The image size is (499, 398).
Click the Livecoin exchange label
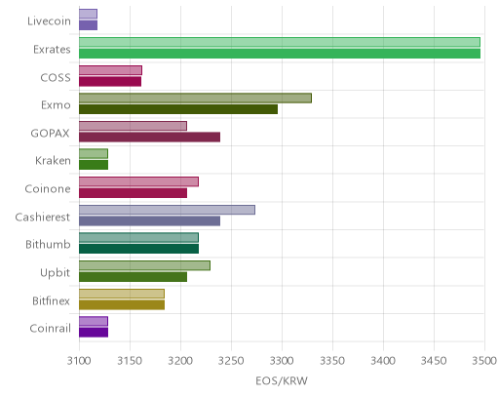(49, 21)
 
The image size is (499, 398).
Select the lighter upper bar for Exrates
(280, 42)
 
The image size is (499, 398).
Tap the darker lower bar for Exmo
(178, 109)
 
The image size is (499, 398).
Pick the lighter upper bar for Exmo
(195, 98)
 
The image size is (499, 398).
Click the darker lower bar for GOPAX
(149, 138)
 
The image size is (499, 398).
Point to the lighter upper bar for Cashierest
(167, 210)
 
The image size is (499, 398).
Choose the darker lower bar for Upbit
(133, 277)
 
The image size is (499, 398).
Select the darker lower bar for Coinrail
(94, 333)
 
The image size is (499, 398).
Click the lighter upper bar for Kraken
(94, 154)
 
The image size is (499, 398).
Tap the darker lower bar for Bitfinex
(122, 305)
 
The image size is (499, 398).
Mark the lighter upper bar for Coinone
(138, 181)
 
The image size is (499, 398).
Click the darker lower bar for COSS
(110, 82)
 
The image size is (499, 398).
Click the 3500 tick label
(484, 361)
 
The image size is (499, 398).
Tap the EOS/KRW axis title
(282, 380)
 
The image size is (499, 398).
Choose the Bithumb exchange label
(48, 244)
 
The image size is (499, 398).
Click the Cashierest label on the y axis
(43, 217)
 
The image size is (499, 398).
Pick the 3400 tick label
(383, 361)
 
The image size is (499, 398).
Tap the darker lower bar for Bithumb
(138, 249)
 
